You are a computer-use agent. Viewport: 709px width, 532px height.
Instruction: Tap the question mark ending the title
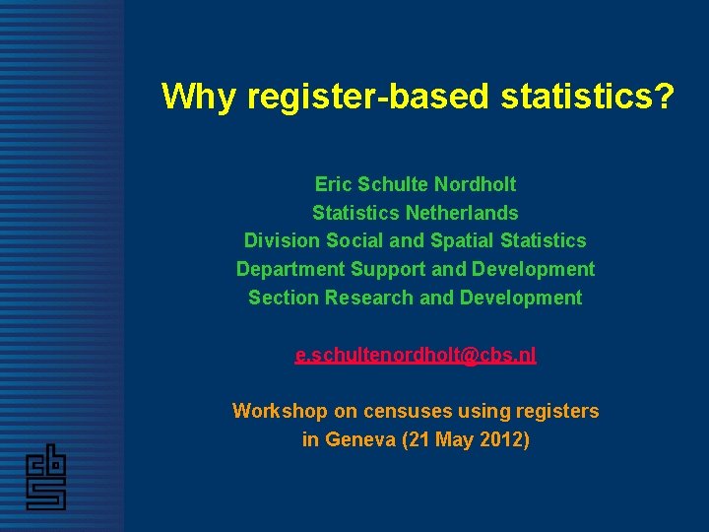664,97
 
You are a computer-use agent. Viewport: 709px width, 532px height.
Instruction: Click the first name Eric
334,184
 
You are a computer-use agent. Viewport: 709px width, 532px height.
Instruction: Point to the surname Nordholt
476,184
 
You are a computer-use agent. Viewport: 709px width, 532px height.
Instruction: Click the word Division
281,240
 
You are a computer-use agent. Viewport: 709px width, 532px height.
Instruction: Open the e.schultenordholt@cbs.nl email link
416,356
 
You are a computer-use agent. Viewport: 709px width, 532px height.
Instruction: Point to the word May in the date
454,439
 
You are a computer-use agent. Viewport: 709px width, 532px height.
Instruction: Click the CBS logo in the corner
46,479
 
